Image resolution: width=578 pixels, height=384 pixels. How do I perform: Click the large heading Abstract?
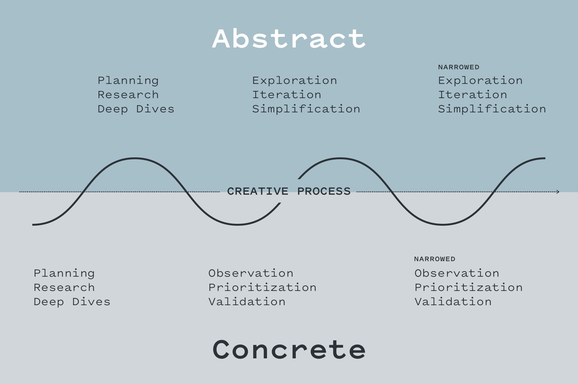coord(289,39)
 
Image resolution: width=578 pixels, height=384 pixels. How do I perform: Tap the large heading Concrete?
coord(289,349)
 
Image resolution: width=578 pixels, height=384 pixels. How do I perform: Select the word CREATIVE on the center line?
coord(257,192)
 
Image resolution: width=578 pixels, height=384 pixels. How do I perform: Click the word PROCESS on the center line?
coord(324,192)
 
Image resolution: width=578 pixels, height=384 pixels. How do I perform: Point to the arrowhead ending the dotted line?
coord(558,192)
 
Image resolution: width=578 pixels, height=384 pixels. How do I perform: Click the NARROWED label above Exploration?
coord(459,67)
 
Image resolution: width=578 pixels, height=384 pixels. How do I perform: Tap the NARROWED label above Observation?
coord(435,259)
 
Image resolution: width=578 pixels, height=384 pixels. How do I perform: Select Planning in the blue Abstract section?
coord(128,81)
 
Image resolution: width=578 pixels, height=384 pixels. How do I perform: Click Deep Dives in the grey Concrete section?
coord(72,302)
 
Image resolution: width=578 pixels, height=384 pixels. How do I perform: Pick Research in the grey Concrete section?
coord(64,287)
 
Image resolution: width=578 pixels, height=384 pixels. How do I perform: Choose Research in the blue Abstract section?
coord(128,95)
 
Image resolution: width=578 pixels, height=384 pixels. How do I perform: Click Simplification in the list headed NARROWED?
coord(492,109)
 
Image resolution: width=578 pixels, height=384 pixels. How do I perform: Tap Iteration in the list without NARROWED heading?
coord(287,95)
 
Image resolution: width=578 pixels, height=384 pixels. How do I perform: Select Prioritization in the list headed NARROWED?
coord(468,287)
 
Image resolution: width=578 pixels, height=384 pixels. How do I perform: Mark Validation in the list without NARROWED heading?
coord(247,302)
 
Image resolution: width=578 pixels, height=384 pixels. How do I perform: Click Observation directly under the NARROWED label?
coord(457,273)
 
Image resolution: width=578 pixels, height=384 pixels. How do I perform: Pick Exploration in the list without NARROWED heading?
coord(295,81)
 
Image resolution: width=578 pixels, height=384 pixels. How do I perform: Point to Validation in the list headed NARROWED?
coord(453,302)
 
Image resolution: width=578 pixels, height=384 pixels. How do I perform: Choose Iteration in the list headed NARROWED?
coord(473,95)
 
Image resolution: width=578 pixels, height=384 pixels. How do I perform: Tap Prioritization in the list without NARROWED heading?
coord(262,287)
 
